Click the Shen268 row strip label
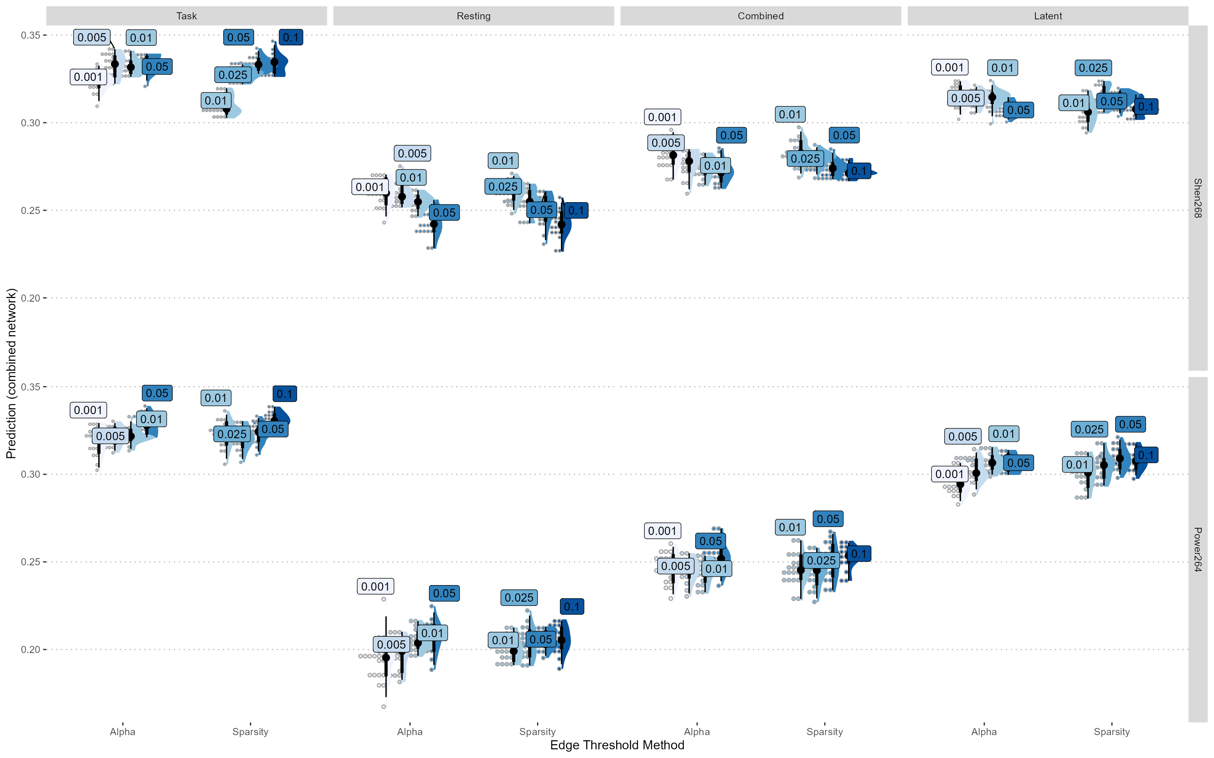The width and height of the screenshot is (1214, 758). (1197, 198)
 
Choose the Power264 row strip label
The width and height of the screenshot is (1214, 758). (1197, 550)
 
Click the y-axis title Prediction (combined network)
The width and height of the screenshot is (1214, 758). (11, 373)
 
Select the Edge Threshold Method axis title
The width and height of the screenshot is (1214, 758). (616, 745)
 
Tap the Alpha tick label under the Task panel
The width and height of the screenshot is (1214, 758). (123, 732)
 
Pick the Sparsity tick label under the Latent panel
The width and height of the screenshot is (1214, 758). (1112, 732)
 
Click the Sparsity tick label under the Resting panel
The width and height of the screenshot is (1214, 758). (537, 732)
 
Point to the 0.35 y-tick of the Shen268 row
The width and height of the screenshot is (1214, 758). (30, 35)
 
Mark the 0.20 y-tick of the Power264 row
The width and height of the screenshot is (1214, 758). (30, 650)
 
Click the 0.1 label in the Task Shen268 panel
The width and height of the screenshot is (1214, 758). (290, 38)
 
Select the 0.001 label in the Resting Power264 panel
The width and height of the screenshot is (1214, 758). (375, 587)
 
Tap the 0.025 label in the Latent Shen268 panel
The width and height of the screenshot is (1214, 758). (1093, 68)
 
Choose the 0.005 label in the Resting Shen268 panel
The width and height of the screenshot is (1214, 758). (412, 154)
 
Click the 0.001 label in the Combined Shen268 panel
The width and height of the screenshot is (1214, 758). (662, 117)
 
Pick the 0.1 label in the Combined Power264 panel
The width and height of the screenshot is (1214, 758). (859, 554)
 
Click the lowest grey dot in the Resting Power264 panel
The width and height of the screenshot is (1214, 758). (384, 707)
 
